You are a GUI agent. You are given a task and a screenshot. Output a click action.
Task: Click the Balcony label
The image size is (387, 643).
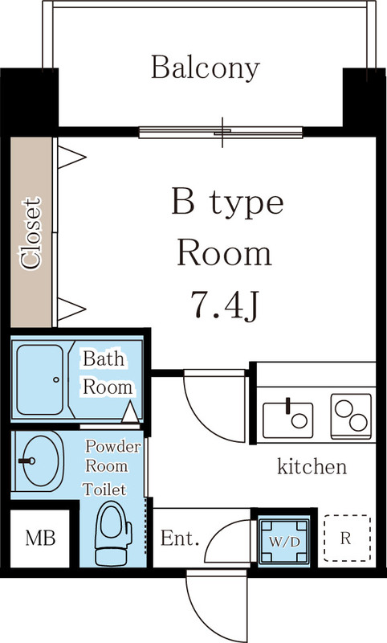point(206,68)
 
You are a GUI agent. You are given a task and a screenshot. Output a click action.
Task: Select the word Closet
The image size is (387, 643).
point(31,232)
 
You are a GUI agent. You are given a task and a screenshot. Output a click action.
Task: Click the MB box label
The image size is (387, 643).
point(35,538)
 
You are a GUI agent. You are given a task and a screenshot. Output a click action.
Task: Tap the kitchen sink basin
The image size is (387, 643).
point(287,416)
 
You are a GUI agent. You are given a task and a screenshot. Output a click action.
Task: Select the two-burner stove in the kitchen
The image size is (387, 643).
point(351,415)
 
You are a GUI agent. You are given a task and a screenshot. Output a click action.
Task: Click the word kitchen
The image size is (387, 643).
point(312,466)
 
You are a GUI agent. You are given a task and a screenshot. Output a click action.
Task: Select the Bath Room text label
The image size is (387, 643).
point(108,372)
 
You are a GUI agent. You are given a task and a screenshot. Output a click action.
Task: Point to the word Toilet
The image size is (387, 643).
point(104,488)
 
